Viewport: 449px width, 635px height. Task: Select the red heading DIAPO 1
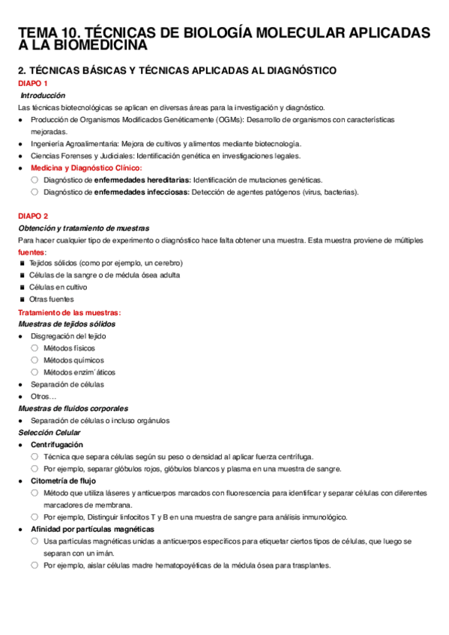[x=33, y=83]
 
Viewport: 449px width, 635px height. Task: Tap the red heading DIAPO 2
[x=33, y=216]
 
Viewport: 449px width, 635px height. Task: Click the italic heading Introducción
[x=43, y=96]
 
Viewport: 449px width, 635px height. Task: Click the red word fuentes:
[x=32, y=252]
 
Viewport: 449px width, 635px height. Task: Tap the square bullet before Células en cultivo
[x=23, y=288]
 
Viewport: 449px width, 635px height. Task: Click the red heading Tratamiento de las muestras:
[x=69, y=312]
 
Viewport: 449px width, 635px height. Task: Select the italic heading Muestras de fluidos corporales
[x=73, y=408]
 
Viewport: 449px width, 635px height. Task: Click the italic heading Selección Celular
[x=49, y=433]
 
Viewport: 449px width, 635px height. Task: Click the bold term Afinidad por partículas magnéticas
[x=92, y=529]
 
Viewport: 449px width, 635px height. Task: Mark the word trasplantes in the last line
[x=310, y=565]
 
